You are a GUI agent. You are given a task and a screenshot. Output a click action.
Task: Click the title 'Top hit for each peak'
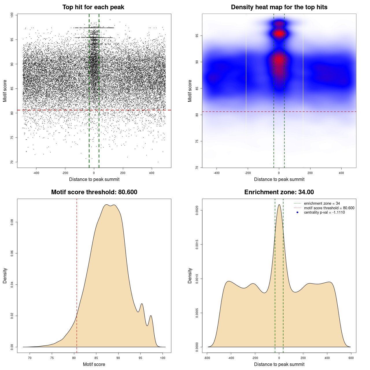coord(93,7)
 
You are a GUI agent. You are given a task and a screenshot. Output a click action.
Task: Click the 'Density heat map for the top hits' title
coord(279,7)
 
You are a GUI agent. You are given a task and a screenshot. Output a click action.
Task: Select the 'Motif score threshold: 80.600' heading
coord(94,192)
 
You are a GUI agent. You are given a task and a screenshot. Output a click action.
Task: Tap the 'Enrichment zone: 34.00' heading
coord(279,192)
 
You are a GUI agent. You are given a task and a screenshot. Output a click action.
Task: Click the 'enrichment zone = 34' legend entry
coord(322,203)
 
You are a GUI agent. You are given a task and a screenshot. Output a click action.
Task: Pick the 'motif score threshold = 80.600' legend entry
coord(329,208)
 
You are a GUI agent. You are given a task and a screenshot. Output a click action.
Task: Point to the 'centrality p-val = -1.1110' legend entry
coord(324,212)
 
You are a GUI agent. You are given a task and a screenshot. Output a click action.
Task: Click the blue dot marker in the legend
coord(297,212)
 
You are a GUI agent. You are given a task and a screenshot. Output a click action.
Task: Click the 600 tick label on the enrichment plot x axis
coord(351,358)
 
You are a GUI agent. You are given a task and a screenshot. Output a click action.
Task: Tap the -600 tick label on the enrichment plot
coord(207,358)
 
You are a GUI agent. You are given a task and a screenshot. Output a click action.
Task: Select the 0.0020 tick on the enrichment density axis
coord(197,210)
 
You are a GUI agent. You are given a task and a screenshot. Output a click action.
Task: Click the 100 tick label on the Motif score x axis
coord(163,358)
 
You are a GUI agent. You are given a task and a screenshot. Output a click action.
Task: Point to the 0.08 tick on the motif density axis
coord(12,222)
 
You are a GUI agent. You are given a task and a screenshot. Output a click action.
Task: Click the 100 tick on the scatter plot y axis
coord(12,15)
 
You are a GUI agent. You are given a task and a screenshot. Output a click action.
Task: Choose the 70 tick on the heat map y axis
coord(197,167)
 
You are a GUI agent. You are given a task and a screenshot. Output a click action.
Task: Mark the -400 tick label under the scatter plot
coord(36,173)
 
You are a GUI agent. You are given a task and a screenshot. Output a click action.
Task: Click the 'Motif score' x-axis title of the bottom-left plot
coord(94,364)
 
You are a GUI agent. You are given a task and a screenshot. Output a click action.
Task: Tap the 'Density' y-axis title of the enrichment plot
coord(190,275)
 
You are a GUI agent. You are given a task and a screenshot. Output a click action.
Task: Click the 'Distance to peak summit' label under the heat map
coord(279,179)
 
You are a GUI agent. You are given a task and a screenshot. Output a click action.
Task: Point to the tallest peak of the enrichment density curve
coord(279,205)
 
